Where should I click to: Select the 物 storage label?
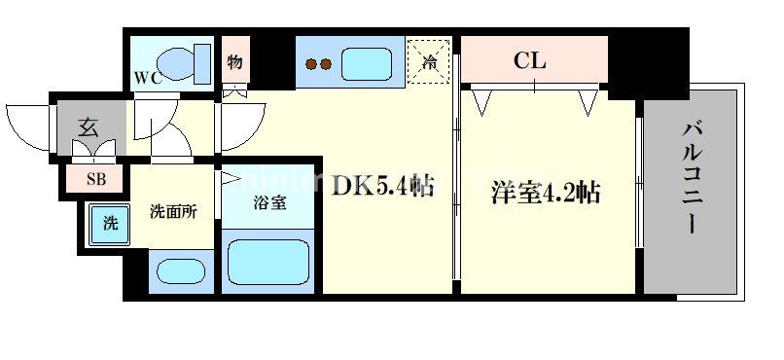tap(235, 62)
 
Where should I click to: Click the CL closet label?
tap(530, 61)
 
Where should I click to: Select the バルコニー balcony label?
tap(692, 178)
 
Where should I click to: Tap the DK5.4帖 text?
tap(384, 184)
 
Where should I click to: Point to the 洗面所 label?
tap(173, 210)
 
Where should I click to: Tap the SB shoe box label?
tap(96, 178)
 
